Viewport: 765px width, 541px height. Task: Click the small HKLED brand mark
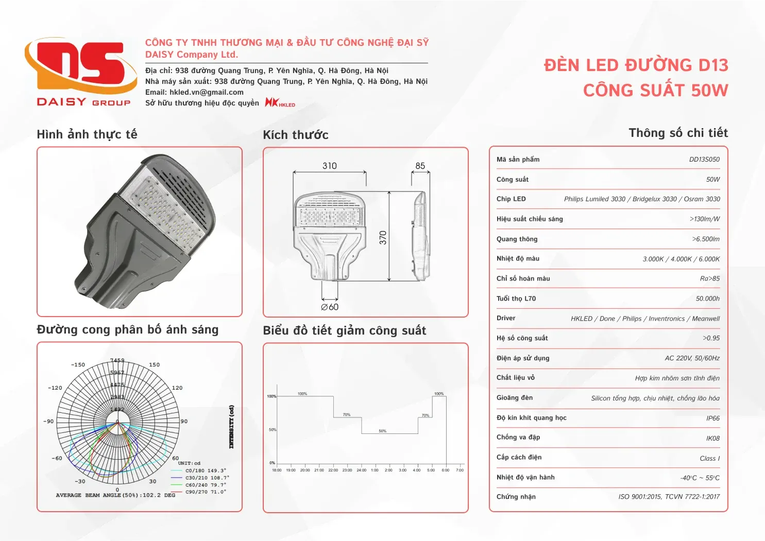(280, 103)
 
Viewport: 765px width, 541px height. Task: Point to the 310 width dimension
(330, 166)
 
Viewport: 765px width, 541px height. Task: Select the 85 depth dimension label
(420, 166)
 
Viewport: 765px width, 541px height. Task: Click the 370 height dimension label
(383, 237)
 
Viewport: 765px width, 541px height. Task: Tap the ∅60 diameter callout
(330, 307)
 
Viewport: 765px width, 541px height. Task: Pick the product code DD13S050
(704, 160)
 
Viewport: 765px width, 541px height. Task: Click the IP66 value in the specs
(713, 418)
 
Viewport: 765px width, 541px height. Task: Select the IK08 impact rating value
(713, 439)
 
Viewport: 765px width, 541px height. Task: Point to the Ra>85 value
(710, 278)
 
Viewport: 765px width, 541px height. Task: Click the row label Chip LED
(511, 199)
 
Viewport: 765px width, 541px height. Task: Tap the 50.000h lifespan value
(707, 299)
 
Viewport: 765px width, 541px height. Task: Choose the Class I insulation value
(709, 459)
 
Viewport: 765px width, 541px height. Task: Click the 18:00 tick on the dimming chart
(277, 470)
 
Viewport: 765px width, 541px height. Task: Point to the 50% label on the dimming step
(382, 431)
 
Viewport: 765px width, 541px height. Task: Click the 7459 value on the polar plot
(117, 361)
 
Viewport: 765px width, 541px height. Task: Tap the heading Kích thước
(296, 135)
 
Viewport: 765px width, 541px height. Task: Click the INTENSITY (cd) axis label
(231, 427)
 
